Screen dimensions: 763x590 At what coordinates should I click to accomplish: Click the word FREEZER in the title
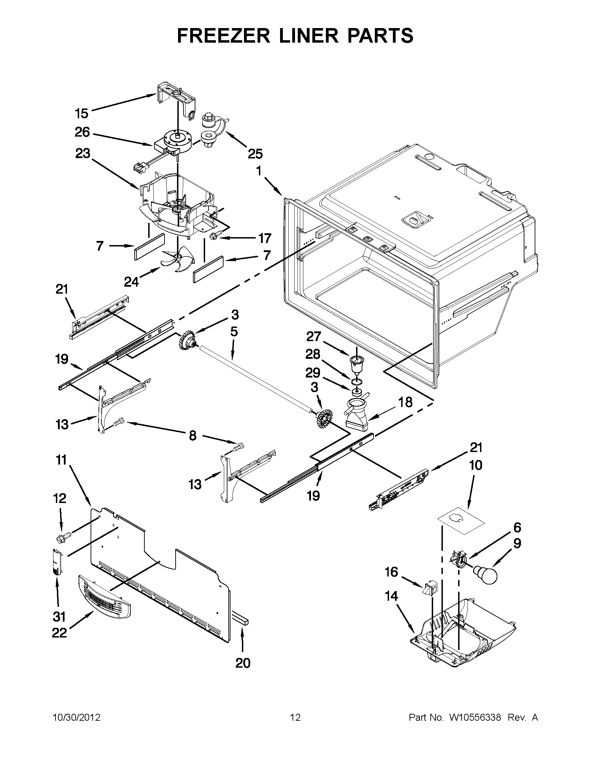[x=223, y=36]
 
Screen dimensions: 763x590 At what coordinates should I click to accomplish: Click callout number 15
[x=82, y=113]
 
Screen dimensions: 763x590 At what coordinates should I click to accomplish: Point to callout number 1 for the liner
[x=259, y=171]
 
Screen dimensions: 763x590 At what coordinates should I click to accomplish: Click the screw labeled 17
[x=213, y=237]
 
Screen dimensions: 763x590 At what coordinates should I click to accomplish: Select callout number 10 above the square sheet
[x=476, y=465]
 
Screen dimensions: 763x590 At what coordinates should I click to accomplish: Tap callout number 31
[x=59, y=617]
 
